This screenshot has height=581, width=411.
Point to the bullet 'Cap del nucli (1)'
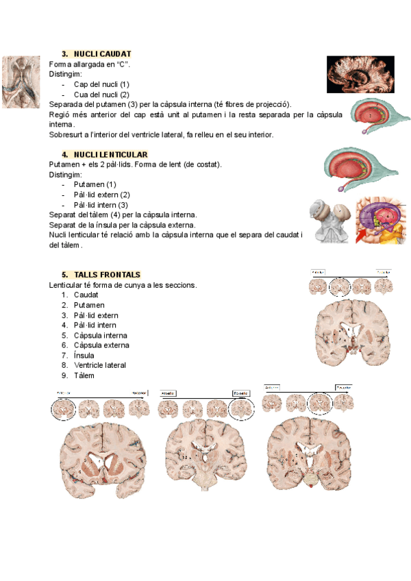tap(101, 84)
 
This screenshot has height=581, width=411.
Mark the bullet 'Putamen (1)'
tap(95, 184)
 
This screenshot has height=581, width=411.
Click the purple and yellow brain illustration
tap(382, 221)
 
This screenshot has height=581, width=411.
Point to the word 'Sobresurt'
tap(65, 134)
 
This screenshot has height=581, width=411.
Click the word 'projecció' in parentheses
tap(273, 104)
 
